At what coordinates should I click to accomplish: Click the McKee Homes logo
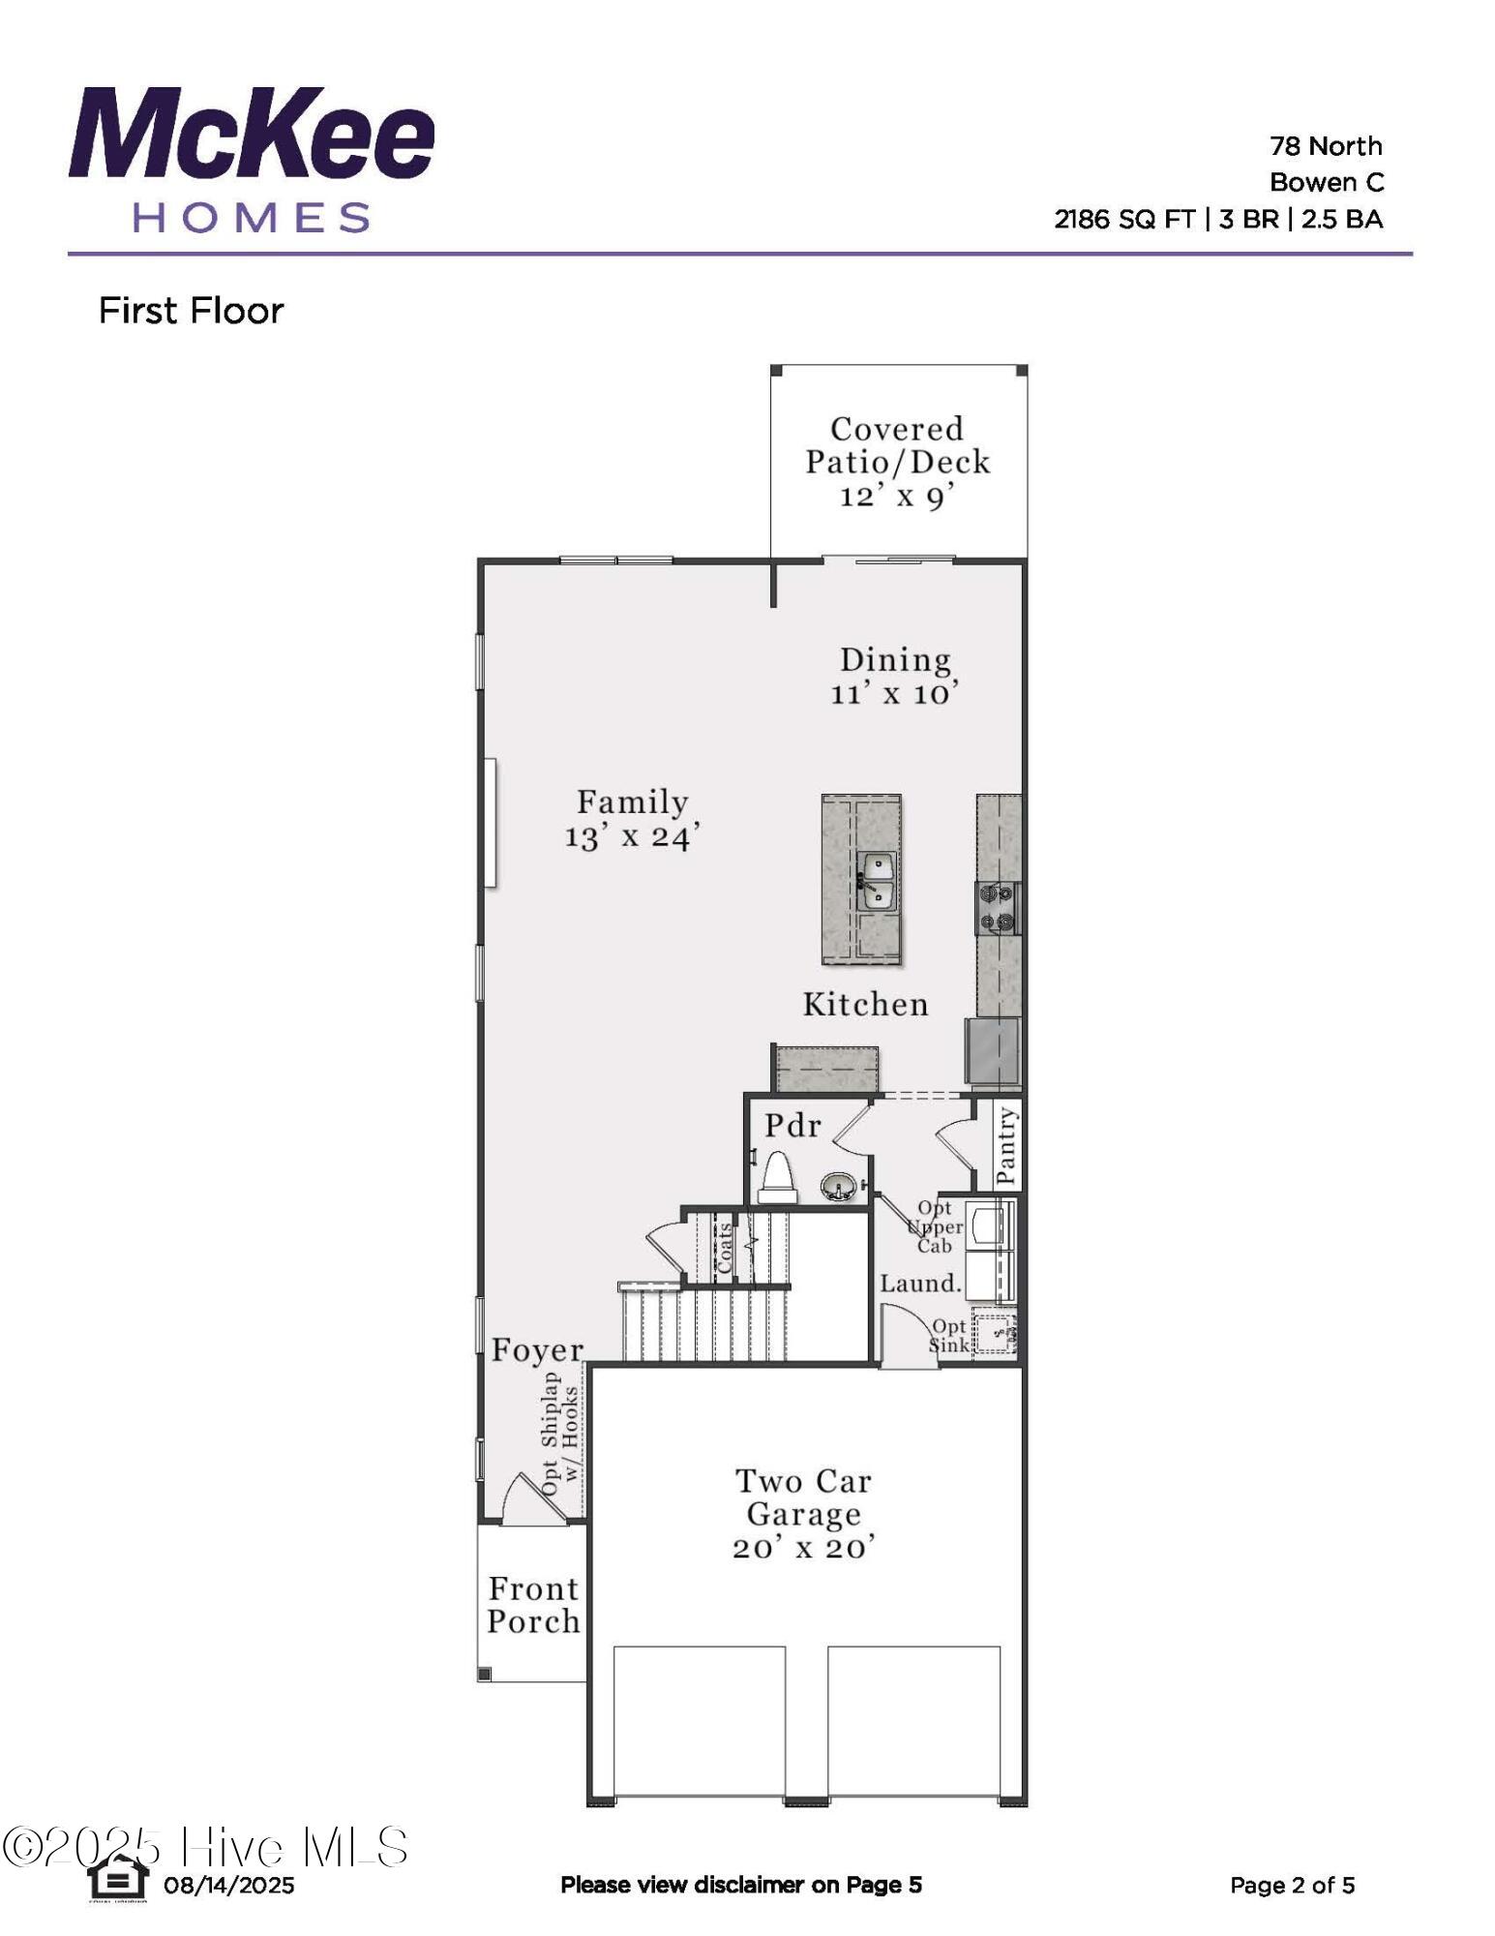252,159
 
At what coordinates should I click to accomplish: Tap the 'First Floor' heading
192,311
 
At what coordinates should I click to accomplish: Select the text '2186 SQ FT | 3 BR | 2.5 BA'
1218,220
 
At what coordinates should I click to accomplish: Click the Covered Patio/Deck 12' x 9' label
898,462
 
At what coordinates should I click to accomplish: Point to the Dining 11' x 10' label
895,676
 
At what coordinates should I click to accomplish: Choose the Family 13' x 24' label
632,819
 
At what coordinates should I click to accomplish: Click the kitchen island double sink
879,881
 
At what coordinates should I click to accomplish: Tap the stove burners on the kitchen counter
998,907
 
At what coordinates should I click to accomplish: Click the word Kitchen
866,1004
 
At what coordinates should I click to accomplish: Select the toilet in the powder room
777,1177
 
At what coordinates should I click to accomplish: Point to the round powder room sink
838,1186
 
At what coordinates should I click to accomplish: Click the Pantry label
1007,1146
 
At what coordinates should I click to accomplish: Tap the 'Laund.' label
920,1284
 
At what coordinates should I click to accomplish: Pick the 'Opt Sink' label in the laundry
949,1336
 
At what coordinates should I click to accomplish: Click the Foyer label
537,1349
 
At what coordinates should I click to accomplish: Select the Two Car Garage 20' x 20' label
803,1514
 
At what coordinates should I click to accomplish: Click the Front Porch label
533,1605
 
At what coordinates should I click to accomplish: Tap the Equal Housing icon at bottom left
117,1878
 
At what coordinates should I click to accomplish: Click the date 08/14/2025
229,1885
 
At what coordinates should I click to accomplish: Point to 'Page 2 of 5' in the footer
1292,1885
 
